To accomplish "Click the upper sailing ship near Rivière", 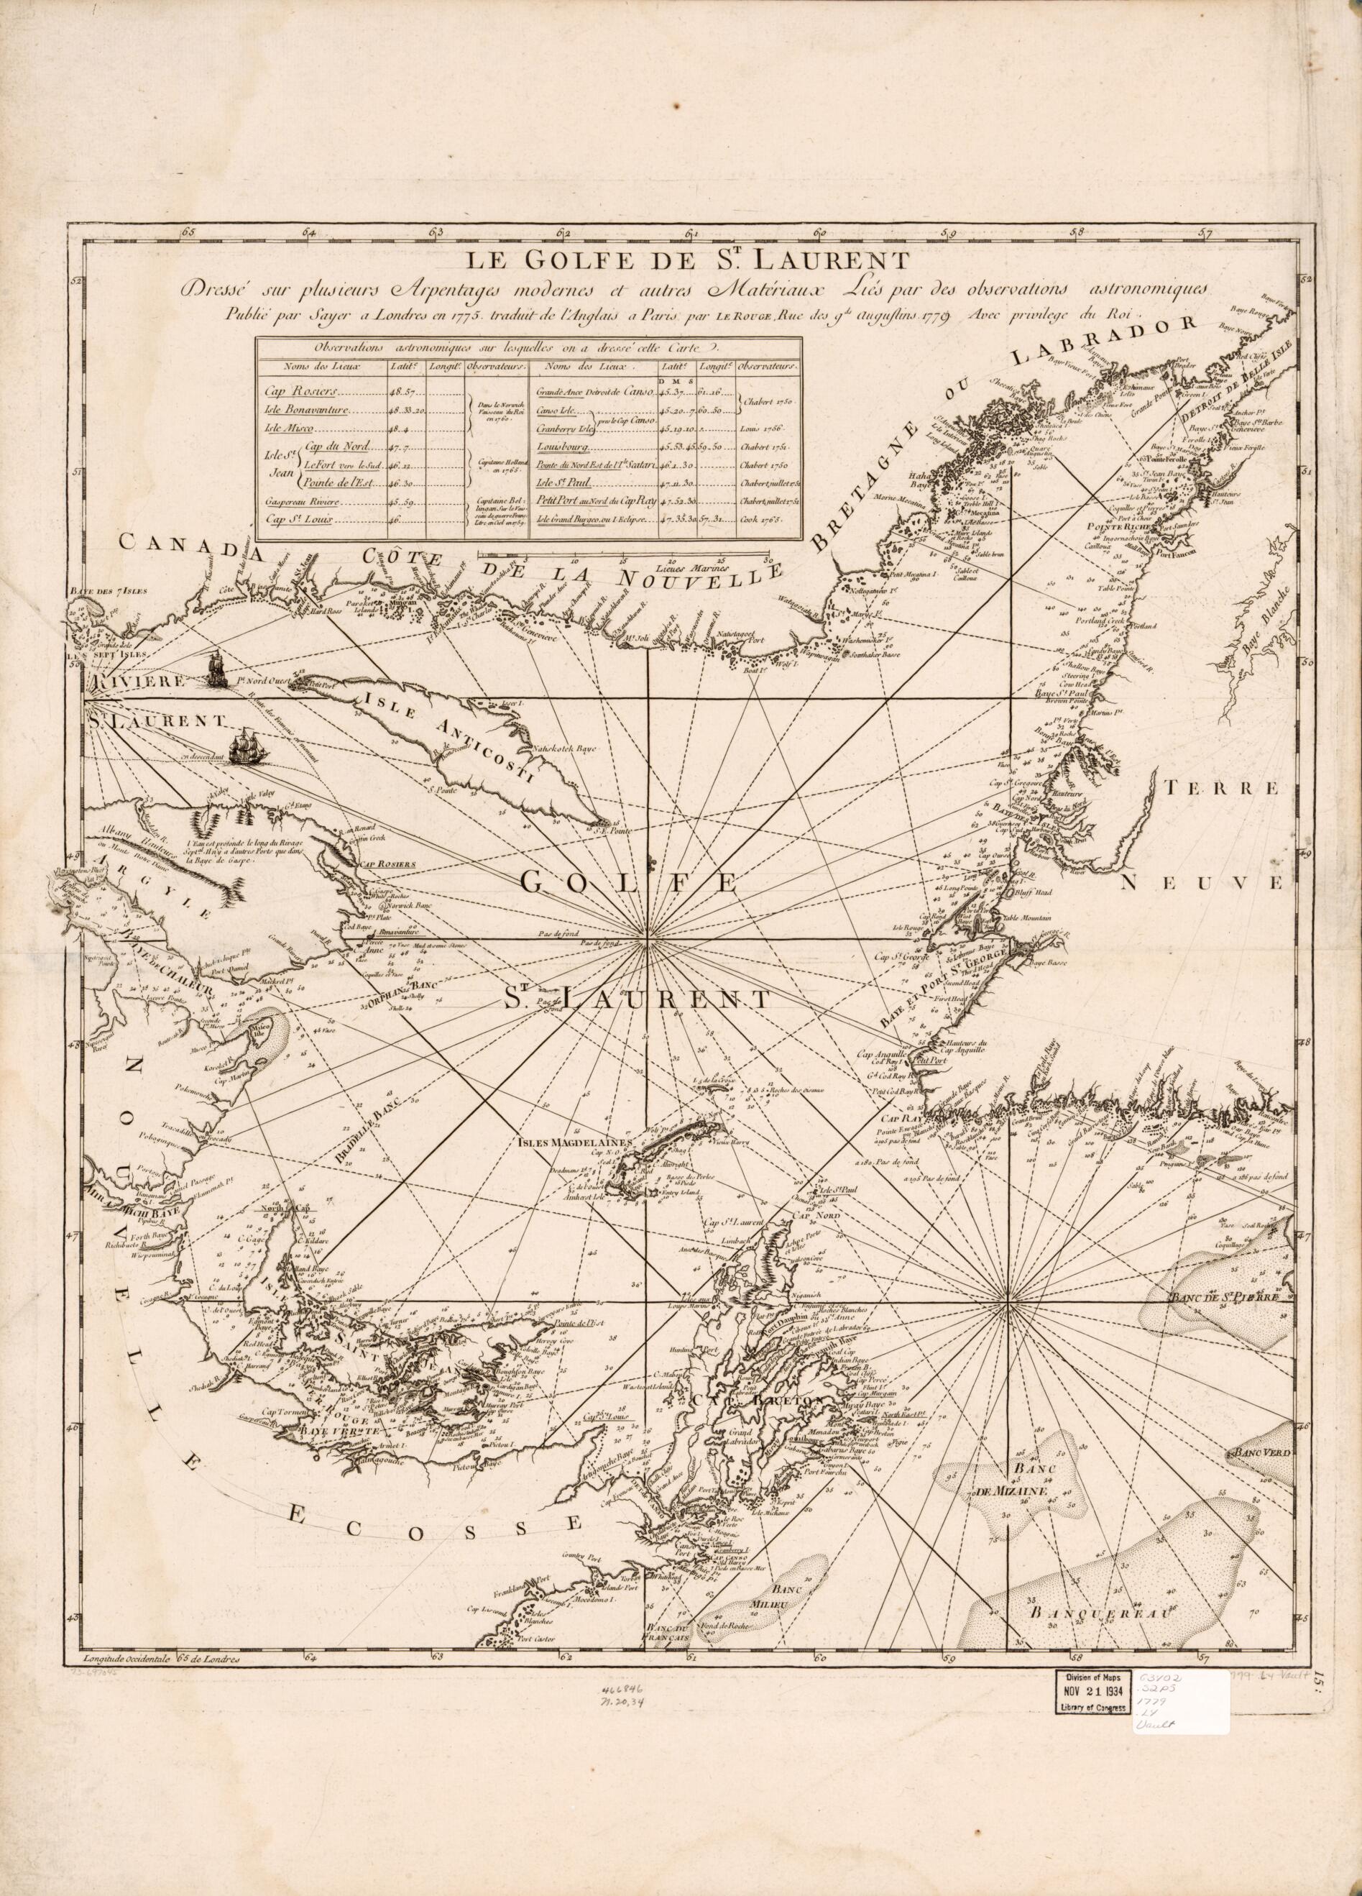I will click(217, 669).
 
